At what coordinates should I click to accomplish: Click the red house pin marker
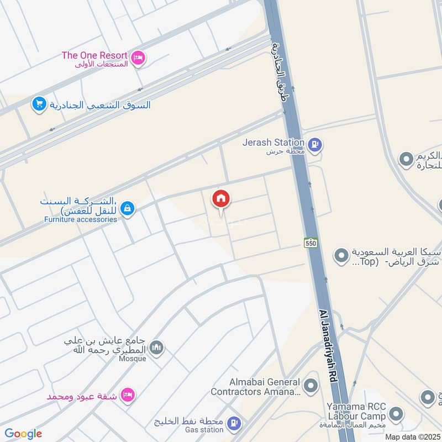tap(221, 199)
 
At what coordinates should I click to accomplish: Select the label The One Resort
tap(94, 55)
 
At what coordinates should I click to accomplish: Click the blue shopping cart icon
tap(39, 104)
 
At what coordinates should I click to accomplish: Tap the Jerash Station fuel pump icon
tap(315, 145)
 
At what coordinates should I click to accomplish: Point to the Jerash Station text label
tap(273, 143)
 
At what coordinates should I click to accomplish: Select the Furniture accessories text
tap(81, 219)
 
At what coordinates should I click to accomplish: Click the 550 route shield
tap(309, 243)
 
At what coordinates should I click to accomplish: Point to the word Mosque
tap(131, 359)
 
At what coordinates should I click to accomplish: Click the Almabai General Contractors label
tap(255, 387)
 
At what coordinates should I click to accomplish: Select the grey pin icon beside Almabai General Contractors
tap(312, 385)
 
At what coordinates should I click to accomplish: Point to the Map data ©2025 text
tap(411, 436)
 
